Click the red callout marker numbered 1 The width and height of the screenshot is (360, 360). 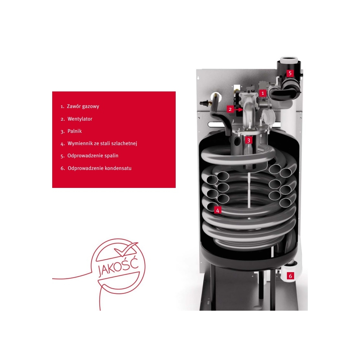(x=263, y=93)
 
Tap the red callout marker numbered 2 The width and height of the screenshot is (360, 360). (x=230, y=109)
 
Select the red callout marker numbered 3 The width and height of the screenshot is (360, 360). (x=248, y=140)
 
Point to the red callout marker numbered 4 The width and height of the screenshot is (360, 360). (x=218, y=210)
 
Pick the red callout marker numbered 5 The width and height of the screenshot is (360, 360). (x=290, y=73)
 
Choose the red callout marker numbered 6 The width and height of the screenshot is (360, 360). (x=291, y=275)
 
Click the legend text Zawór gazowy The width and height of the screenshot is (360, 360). (x=83, y=107)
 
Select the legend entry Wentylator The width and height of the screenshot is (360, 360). (x=80, y=119)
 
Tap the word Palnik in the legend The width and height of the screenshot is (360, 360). (x=75, y=131)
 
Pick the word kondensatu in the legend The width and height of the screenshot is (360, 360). (x=118, y=168)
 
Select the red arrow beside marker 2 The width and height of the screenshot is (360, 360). (x=238, y=109)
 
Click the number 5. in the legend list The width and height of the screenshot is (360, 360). (x=63, y=156)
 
